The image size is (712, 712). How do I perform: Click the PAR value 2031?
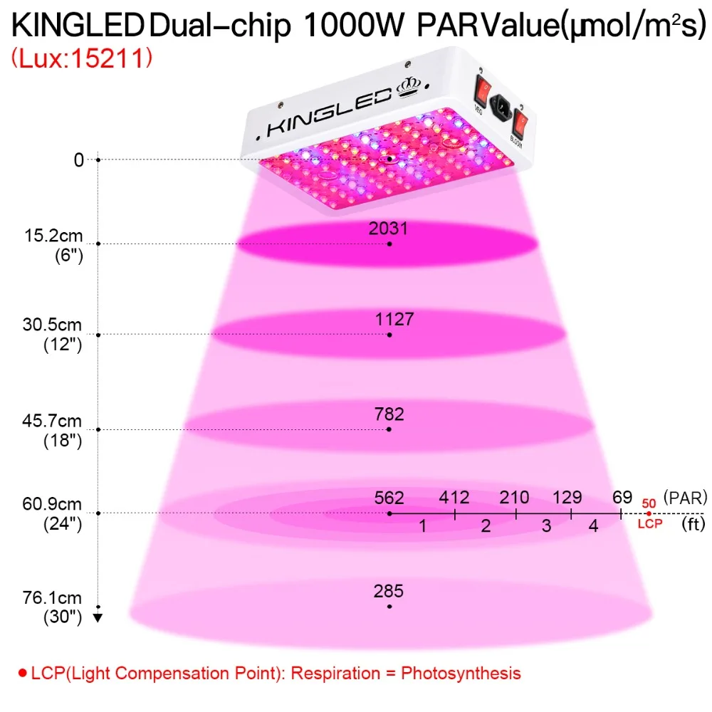[x=389, y=229]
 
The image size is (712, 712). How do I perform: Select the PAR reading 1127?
[x=394, y=320]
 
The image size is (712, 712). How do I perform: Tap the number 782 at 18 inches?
[x=389, y=414]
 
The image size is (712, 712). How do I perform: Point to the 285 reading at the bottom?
[x=389, y=590]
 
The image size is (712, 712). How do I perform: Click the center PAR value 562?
[x=389, y=497]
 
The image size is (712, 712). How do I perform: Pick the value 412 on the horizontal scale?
[x=454, y=497]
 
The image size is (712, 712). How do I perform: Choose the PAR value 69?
[x=622, y=497]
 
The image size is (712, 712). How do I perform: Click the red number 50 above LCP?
[x=649, y=503]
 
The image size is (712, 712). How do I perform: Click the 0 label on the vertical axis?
[x=78, y=160]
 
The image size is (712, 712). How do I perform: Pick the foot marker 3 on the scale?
[x=546, y=526]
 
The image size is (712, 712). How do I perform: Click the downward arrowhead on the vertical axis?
[x=98, y=617]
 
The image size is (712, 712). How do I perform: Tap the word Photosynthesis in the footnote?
[x=461, y=673]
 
